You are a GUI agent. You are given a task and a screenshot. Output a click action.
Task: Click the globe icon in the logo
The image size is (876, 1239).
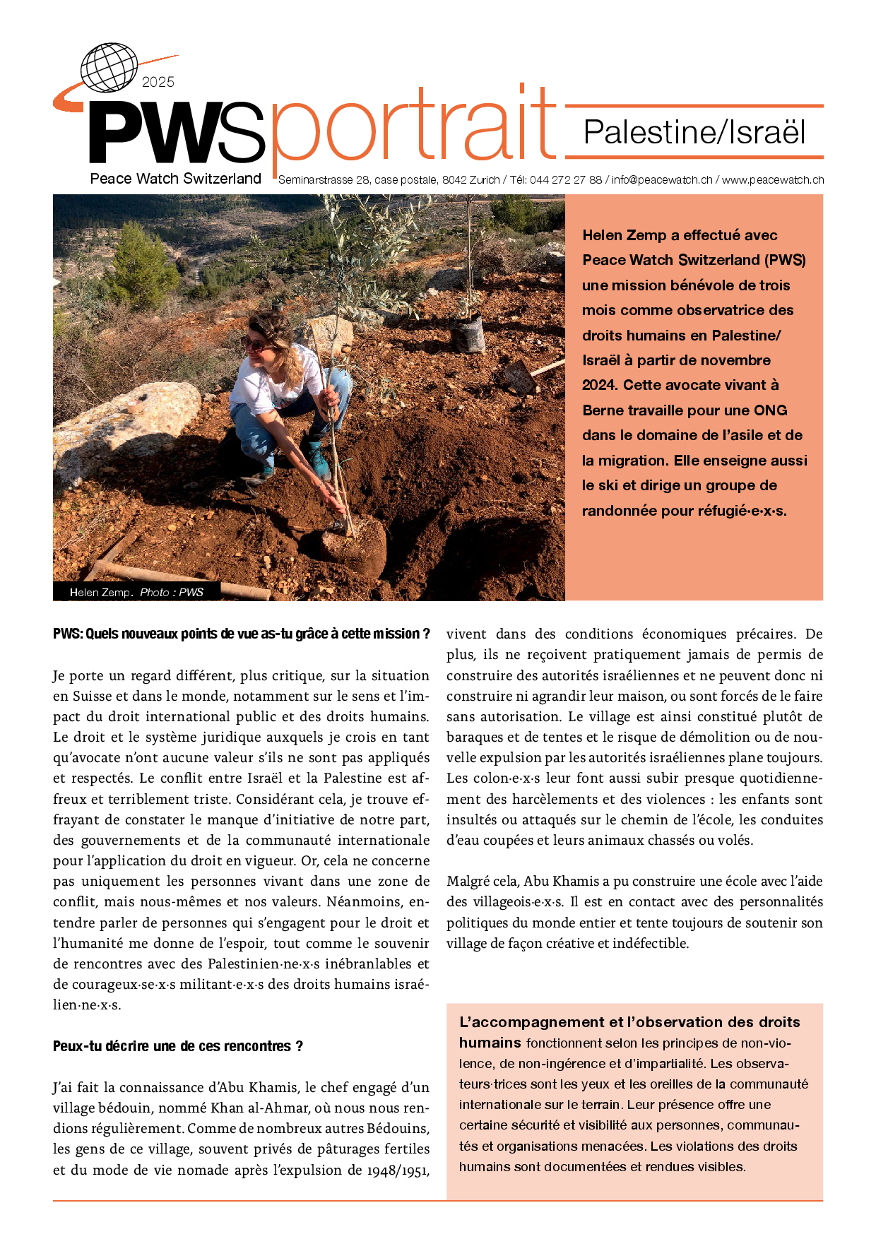point(108,67)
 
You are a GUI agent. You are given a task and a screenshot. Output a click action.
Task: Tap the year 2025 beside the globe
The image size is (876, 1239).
point(158,83)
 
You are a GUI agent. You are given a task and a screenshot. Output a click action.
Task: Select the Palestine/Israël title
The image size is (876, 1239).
point(694,133)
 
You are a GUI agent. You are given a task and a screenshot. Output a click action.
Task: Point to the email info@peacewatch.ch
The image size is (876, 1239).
point(662,180)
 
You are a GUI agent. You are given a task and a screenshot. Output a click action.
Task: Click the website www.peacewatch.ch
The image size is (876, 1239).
point(773,180)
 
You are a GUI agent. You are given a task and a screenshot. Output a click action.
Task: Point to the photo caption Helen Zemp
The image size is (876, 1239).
point(100,593)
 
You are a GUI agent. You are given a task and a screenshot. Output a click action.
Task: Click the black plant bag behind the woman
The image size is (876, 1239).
point(468,332)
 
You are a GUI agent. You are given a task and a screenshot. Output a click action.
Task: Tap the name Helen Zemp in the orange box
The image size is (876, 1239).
point(624,235)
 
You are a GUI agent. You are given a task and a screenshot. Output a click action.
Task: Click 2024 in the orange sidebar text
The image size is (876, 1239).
point(600,385)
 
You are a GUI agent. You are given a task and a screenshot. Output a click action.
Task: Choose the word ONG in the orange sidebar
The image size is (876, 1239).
point(770,410)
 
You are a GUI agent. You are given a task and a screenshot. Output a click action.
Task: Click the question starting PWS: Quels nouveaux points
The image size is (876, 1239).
point(241,634)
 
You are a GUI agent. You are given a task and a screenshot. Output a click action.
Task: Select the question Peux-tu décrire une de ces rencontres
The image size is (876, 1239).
point(177,1046)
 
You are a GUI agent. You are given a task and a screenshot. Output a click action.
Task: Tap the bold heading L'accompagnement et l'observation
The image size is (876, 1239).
point(629,1022)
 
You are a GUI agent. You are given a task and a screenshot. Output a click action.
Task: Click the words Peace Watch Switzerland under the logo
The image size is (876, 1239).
point(175,179)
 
